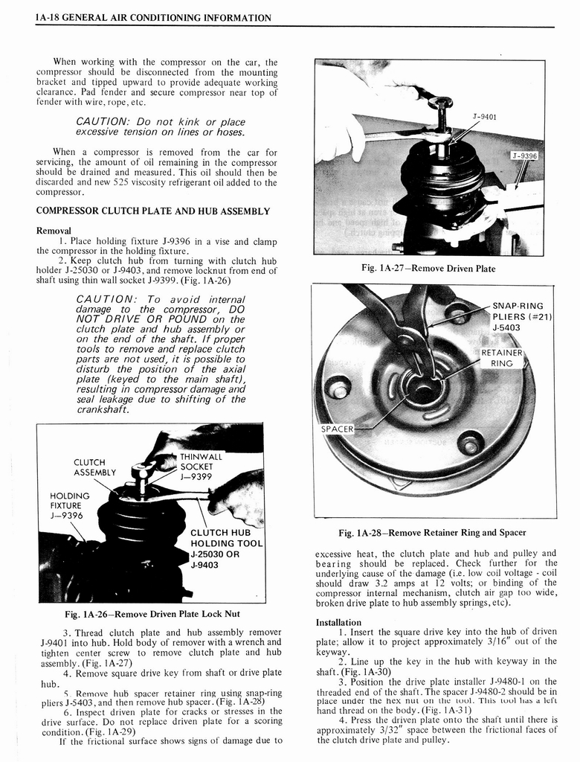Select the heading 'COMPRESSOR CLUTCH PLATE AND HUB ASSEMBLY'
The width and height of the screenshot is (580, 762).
(152, 211)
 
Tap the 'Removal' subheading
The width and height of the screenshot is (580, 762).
(54, 230)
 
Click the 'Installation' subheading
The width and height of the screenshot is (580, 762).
(338, 622)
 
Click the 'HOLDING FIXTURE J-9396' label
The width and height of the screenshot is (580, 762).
(69, 505)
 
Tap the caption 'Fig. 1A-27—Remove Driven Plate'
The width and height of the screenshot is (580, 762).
(428, 269)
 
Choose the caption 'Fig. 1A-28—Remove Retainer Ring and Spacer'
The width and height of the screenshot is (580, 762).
(432, 532)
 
